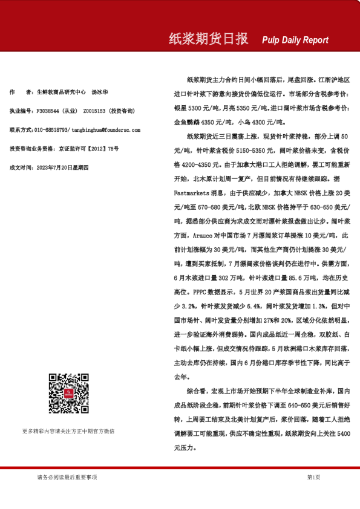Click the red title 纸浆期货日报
[208, 39]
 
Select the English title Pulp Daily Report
[295, 41]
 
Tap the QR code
[68, 394]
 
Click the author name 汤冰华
[100, 92]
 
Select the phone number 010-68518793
[51, 130]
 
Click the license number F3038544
[48, 111]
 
